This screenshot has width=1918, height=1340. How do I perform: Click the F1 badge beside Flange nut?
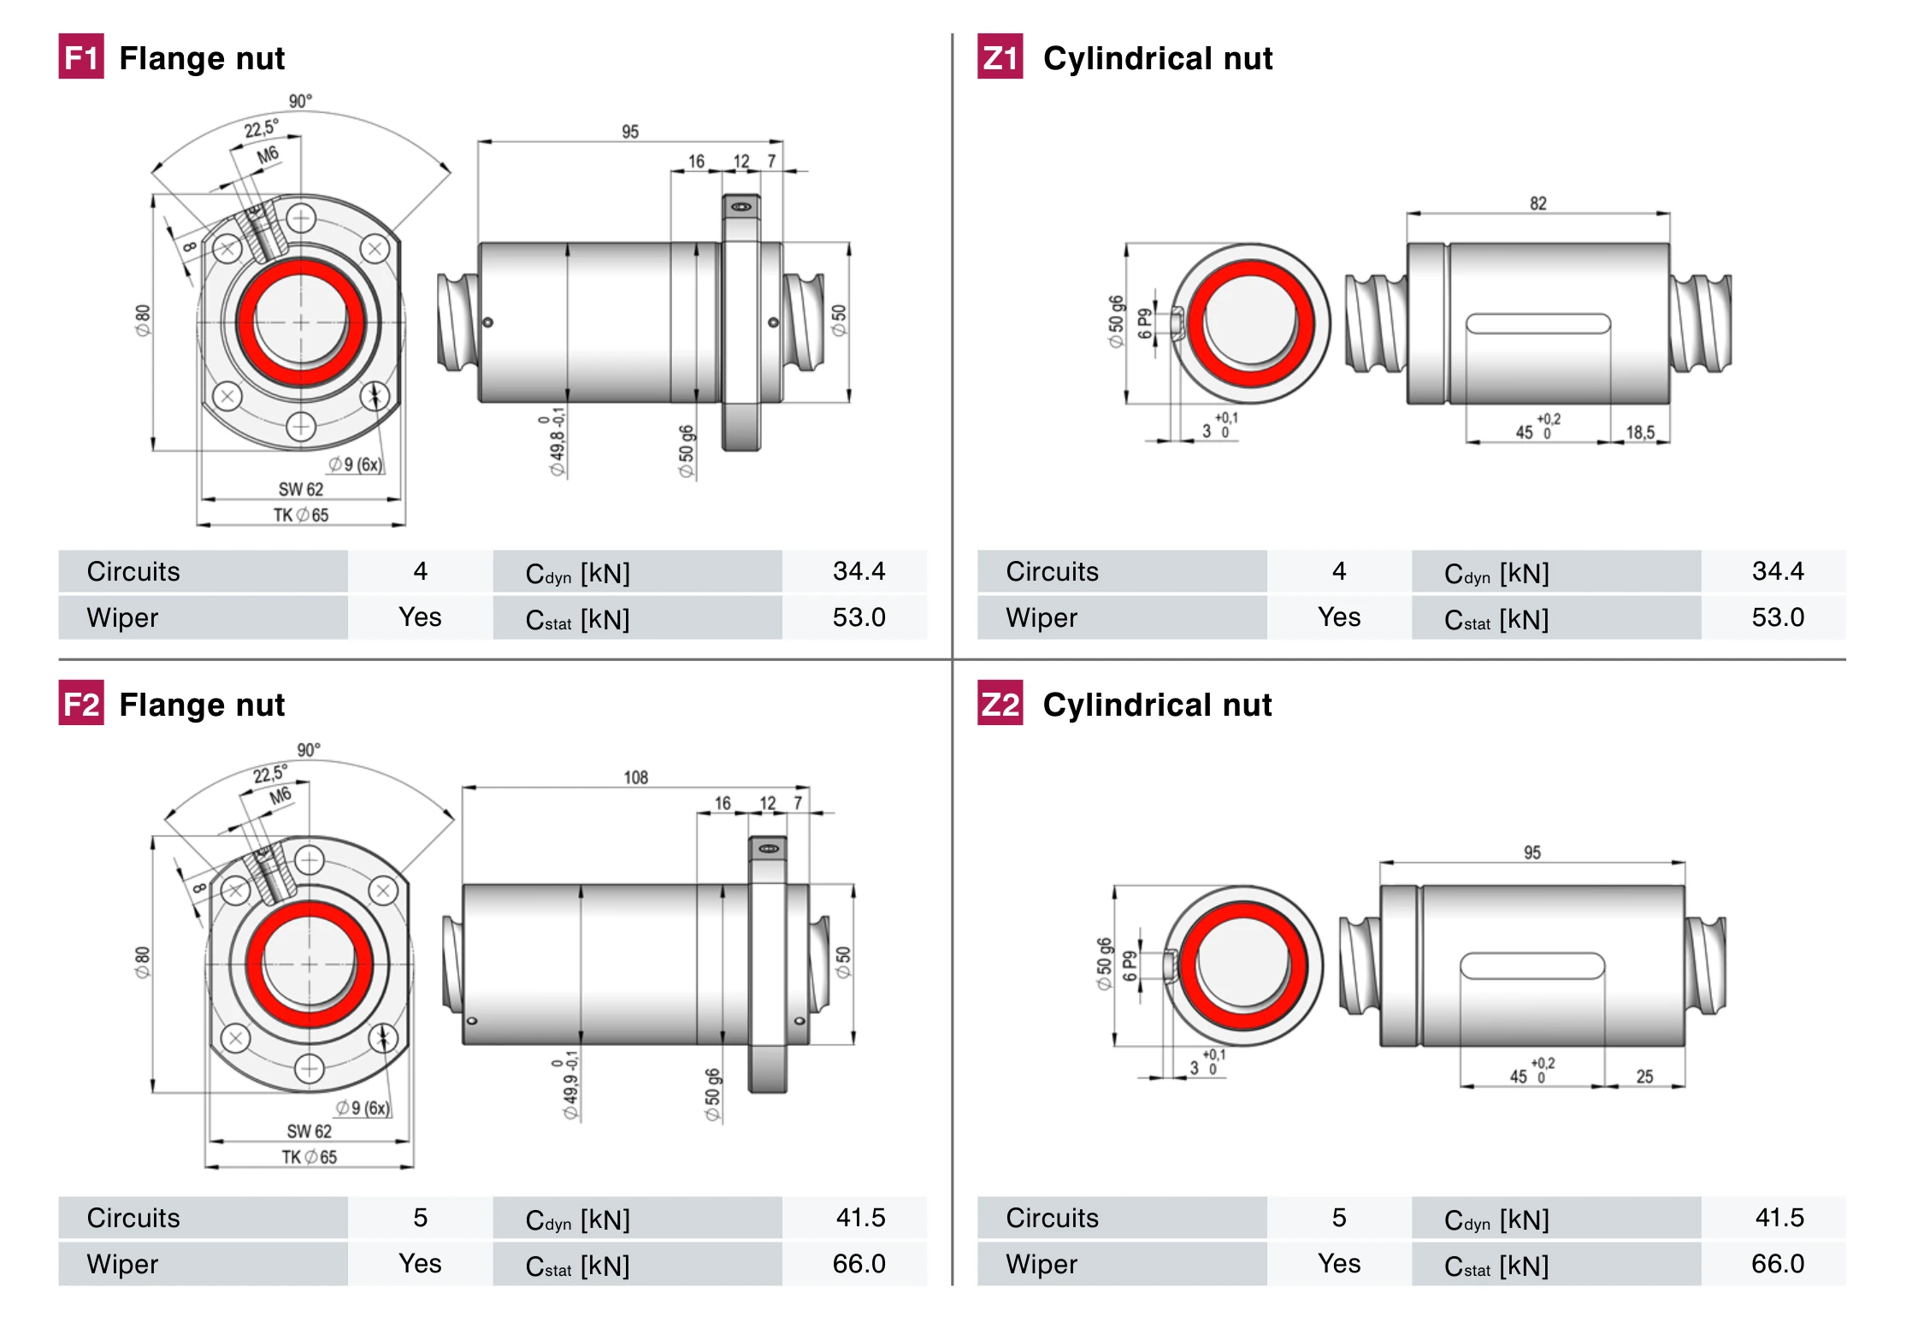click(81, 57)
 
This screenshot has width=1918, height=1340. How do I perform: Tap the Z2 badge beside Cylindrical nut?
click(1000, 704)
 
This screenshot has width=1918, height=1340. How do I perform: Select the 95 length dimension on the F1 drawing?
click(630, 132)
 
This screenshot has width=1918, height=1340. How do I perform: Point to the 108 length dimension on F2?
click(635, 777)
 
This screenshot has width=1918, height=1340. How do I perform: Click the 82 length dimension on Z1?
click(1537, 204)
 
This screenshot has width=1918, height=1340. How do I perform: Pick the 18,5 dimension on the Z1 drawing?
click(1639, 433)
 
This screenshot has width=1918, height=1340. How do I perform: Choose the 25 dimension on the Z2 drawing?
click(1644, 1077)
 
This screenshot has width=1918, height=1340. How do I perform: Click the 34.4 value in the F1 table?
click(859, 571)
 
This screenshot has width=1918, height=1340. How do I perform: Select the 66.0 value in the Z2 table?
click(1777, 1264)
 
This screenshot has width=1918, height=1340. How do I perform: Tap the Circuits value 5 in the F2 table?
click(420, 1218)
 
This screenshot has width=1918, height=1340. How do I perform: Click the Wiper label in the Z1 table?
click(1041, 617)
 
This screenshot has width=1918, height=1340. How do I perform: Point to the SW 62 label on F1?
click(301, 489)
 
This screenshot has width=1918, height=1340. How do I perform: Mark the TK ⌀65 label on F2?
click(310, 1157)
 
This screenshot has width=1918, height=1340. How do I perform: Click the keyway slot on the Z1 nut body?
click(1537, 324)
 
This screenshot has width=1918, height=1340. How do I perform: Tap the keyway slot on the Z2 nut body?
click(1531, 966)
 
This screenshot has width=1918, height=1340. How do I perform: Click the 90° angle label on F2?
click(309, 750)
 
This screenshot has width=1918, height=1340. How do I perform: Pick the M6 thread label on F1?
click(268, 155)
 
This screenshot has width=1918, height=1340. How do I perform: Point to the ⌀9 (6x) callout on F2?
click(363, 1108)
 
